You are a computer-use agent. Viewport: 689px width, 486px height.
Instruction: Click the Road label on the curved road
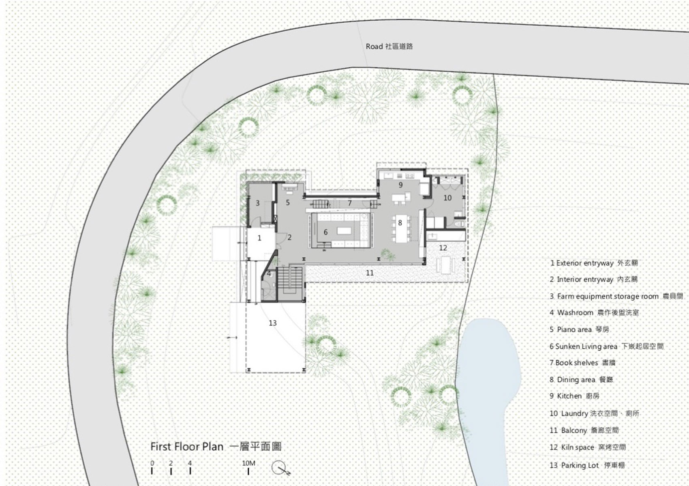(389, 47)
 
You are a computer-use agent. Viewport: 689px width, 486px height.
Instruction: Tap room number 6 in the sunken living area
(325, 232)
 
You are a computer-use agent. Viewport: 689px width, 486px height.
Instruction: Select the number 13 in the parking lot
(272, 323)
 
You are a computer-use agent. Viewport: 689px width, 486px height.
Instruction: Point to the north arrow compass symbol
(280, 468)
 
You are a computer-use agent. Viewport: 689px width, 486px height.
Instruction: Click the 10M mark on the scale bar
(248, 463)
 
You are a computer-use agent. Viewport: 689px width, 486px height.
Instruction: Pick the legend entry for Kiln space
(588, 447)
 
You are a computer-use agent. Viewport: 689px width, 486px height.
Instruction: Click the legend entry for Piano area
(580, 329)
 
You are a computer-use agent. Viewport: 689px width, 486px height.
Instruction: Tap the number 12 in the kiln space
(443, 248)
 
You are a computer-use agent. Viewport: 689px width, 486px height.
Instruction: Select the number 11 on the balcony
(370, 273)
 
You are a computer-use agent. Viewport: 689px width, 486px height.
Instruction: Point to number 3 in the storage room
(258, 203)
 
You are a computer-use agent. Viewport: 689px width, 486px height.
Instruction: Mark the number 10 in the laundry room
(447, 198)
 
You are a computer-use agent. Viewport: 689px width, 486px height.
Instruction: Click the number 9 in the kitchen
(400, 185)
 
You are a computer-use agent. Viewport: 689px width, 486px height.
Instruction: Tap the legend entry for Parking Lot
(587, 465)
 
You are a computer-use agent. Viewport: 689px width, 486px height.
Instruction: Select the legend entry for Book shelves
(582, 363)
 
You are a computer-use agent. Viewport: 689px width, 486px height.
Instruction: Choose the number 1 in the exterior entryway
(259, 238)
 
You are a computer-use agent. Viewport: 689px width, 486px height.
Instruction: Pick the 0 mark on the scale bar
(152, 463)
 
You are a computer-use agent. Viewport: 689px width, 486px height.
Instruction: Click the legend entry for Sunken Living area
(607, 346)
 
